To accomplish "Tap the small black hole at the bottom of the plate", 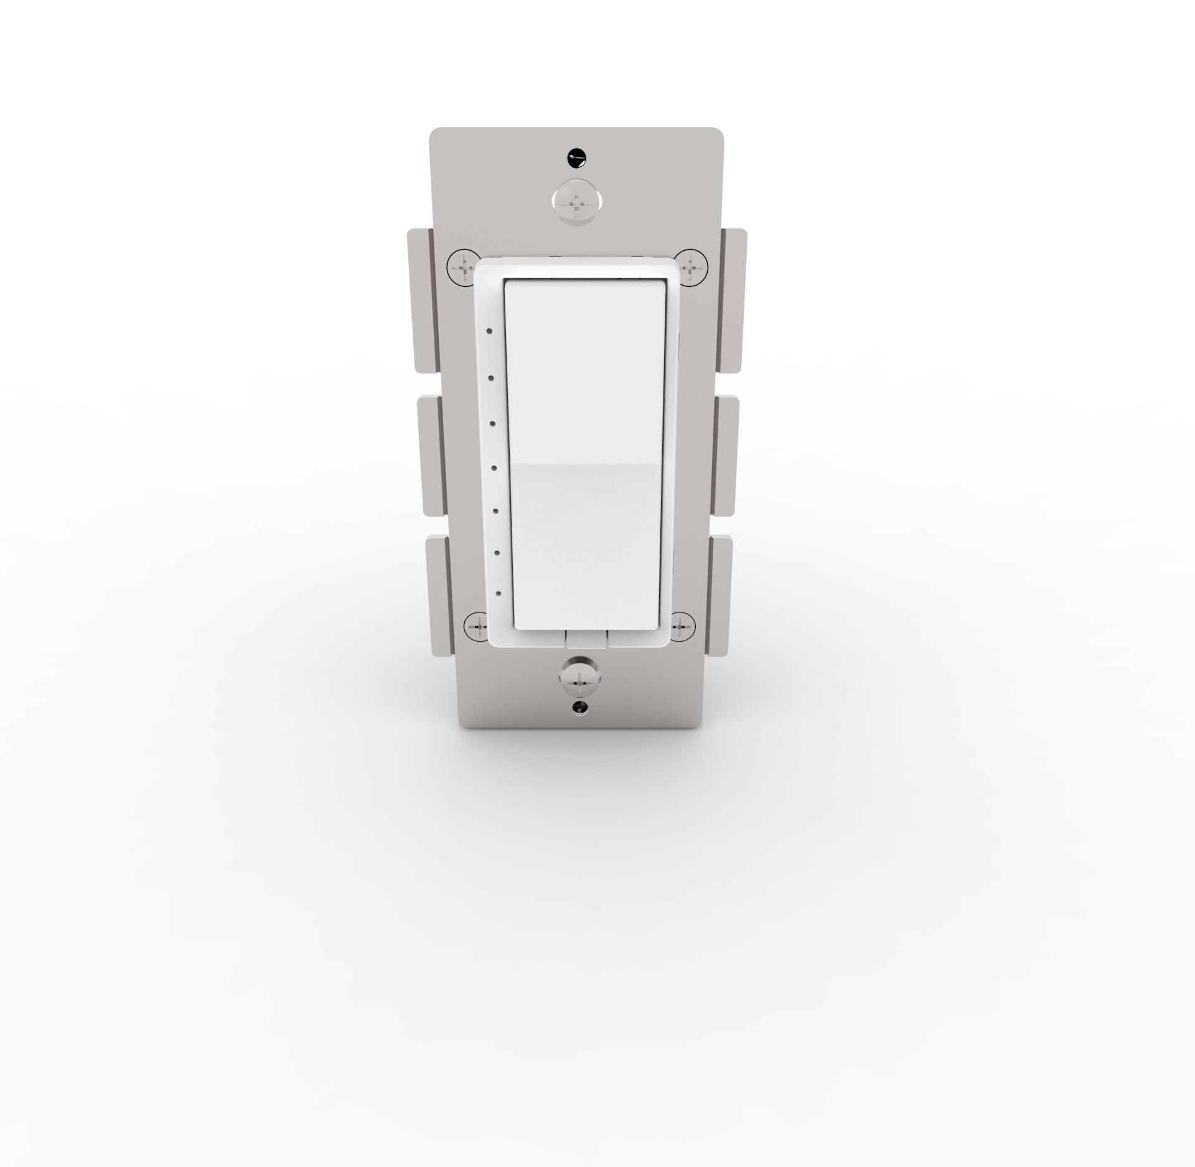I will [x=580, y=707].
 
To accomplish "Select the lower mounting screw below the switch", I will [x=578, y=678].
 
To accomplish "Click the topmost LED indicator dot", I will [x=490, y=330].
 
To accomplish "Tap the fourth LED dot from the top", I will [x=494, y=467].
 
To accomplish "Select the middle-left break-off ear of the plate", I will [x=433, y=456].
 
